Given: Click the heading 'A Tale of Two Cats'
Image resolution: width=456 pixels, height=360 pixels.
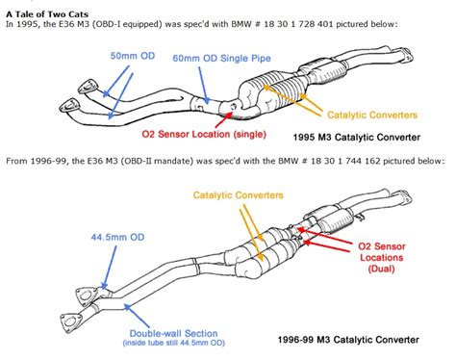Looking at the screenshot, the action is pos(47,14).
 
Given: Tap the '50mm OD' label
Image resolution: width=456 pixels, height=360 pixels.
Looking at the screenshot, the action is pos(133,56).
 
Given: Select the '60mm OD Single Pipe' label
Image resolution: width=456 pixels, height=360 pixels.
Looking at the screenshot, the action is pos(221,58).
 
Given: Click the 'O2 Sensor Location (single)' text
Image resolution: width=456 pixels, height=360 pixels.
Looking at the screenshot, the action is pos(204,134).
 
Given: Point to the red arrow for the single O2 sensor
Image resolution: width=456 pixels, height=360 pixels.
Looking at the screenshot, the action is pos(223,119).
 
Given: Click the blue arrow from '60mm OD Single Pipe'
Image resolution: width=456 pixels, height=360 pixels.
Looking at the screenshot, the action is pos(204,86).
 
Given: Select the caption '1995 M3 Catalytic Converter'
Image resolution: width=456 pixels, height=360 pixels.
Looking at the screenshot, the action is pos(357,138).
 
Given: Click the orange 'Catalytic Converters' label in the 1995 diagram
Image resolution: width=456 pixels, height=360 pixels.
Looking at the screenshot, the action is pos(372,115).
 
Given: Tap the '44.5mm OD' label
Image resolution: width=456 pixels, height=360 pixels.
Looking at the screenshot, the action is pos(117,237).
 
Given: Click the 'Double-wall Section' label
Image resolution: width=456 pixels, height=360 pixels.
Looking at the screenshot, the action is pos(173,333).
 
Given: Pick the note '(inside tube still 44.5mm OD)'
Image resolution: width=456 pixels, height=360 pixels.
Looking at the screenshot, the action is pos(173,343).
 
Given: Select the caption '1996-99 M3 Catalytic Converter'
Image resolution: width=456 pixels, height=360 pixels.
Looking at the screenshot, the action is pos(348,340).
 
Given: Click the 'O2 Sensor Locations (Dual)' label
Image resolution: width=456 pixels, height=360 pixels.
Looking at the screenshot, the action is pos(382,257).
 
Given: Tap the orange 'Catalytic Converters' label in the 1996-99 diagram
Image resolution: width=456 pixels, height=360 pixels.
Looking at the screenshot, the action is pos(239,195).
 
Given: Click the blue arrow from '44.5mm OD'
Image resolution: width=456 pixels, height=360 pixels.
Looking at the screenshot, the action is pos(109,268).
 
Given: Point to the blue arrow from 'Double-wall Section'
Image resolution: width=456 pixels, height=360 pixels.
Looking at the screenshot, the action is pos(137,316).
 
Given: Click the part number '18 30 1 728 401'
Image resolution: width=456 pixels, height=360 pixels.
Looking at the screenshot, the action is pos(298,24).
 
